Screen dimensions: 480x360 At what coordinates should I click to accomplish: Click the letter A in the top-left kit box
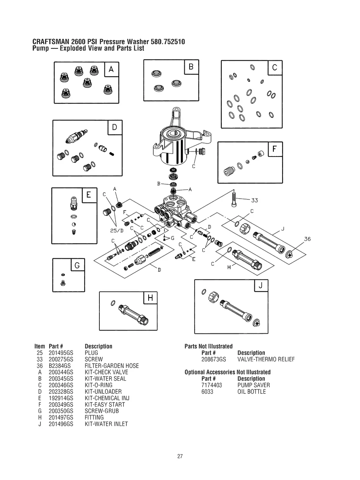pyautogui.click(x=111, y=70)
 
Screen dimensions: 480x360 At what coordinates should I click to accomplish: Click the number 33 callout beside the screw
pyautogui.click(x=255, y=200)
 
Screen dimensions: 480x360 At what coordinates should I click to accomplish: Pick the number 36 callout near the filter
pyautogui.click(x=307, y=239)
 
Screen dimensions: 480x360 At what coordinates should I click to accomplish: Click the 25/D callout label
pyautogui.click(x=117, y=230)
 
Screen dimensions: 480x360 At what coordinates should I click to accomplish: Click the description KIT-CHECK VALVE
pyautogui.click(x=106, y=372)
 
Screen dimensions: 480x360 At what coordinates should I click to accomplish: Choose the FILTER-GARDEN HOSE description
pyautogui.click(x=112, y=366)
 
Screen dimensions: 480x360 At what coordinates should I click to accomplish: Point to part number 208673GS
pyautogui.click(x=214, y=360)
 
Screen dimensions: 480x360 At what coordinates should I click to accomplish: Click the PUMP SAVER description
pyautogui.click(x=254, y=385)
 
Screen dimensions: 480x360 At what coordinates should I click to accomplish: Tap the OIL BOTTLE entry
pyautogui.click(x=252, y=392)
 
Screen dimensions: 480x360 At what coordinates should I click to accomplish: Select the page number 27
pyautogui.click(x=180, y=456)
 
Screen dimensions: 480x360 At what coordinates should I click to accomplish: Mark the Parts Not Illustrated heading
pyautogui.click(x=209, y=346)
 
